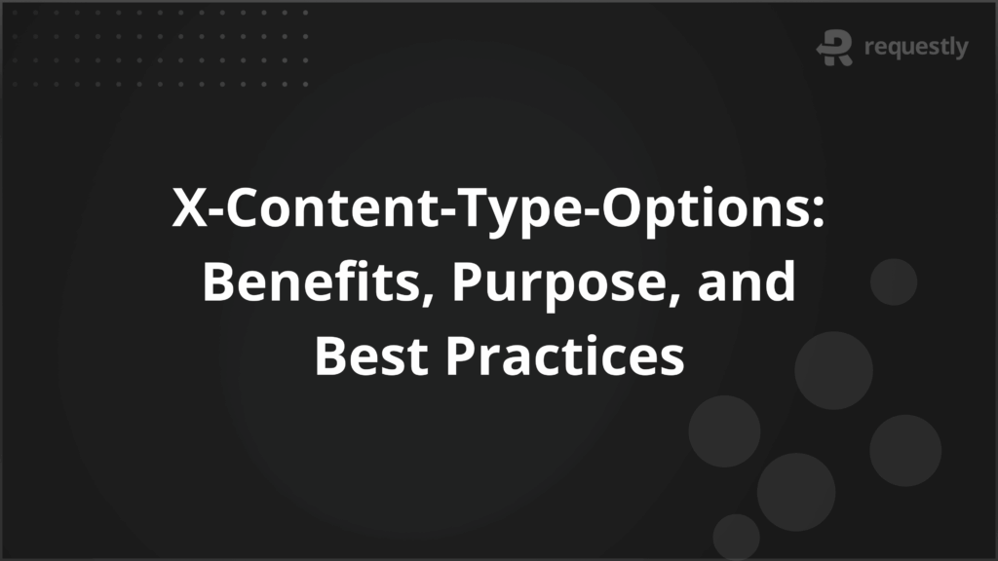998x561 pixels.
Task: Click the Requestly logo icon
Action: (835, 48)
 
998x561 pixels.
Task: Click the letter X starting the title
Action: (187, 209)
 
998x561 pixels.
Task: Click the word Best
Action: (370, 356)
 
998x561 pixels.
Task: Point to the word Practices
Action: (565, 356)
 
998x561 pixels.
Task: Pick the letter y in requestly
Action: (961, 50)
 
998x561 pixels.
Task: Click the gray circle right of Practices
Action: (832, 370)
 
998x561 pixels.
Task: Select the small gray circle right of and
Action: (893, 282)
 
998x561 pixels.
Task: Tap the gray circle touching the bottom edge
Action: (736, 539)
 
